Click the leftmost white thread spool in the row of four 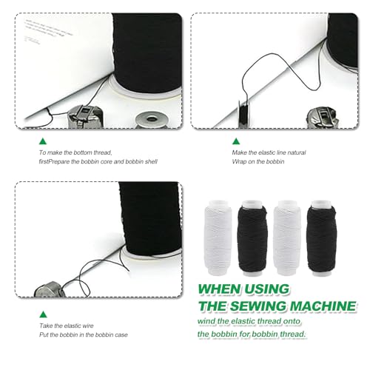tap(218, 238)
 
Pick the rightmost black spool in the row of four tap(321, 238)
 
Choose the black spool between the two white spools tap(252, 238)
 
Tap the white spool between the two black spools tap(287, 238)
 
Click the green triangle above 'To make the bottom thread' tap(43, 141)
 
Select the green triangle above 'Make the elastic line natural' tap(236, 141)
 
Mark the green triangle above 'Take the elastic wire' tap(43, 314)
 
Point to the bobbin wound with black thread tap(244, 114)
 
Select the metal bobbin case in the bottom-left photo tap(50, 289)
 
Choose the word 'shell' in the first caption tap(150, 161)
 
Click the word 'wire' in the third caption tap(88, 326)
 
